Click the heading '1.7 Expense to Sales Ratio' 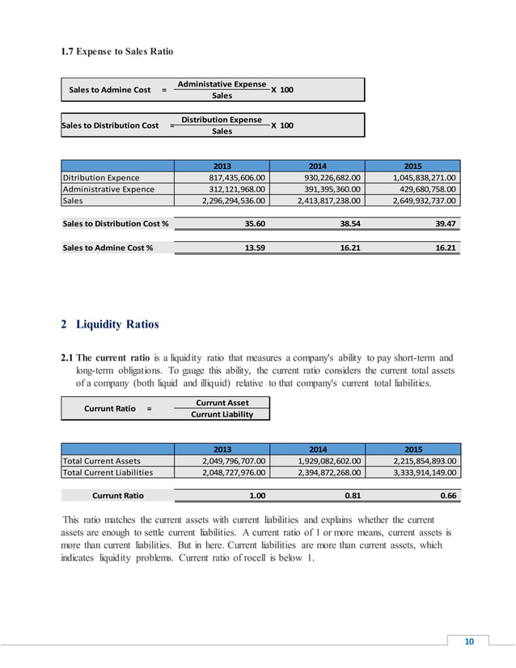(118, 52)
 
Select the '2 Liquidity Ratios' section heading (111, 325)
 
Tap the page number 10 (468, 642)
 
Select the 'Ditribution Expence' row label (101, 178)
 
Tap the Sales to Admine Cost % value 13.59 (257, 248)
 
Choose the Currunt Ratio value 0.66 (446, 496)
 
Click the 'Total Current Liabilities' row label (108, 473)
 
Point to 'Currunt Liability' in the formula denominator (222, 414)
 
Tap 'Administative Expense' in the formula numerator (222, 84)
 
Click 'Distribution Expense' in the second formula (222, 120)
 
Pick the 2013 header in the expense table (222, 166)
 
